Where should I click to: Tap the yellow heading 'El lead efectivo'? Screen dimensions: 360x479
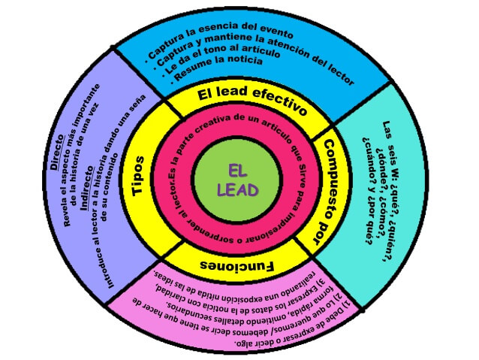252,101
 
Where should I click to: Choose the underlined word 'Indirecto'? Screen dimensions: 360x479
84,170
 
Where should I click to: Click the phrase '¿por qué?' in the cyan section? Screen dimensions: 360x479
372,225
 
